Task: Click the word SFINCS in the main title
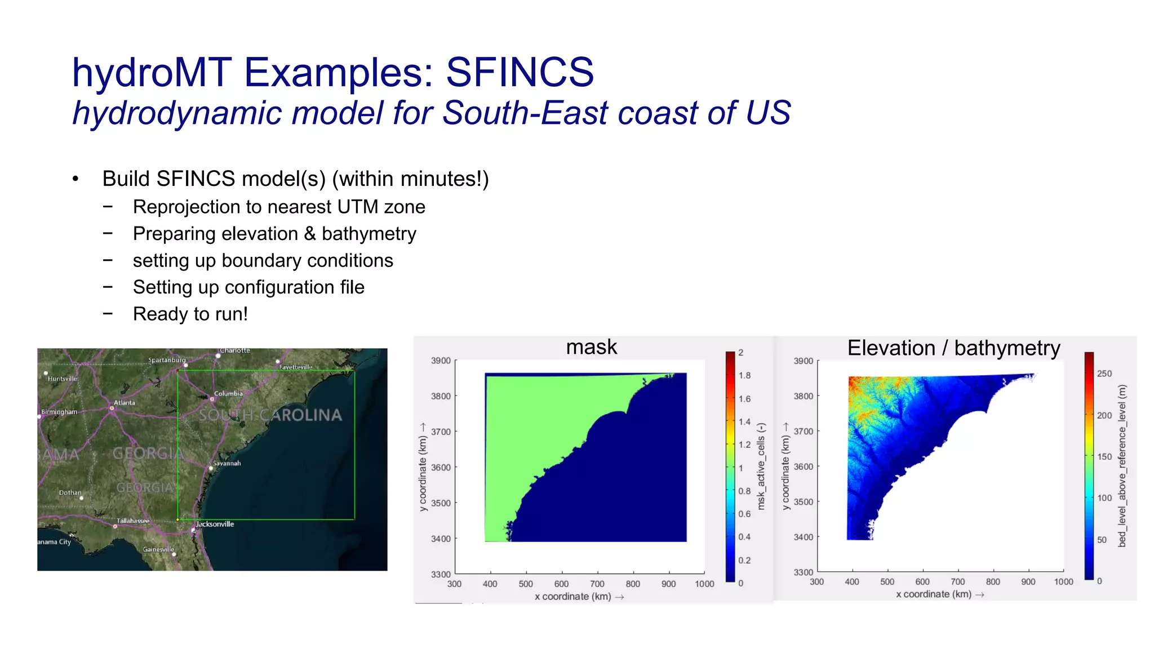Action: coord(519,73)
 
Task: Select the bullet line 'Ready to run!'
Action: coord(190,314)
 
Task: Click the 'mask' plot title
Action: coord(591,347)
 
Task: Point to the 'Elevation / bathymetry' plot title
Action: coord(953,348)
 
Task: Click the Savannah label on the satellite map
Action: coord(227,463)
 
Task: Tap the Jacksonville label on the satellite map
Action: coord(215,524)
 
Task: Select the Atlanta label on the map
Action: coord(124,402)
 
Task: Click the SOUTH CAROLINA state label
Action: coord(270,415)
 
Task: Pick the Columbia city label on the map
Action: coord(228,393)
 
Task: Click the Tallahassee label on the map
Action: coord(133,521)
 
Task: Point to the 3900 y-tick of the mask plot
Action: coord(441,361)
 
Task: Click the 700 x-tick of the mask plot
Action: coord(597,584)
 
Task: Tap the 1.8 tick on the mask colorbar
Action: coord(744,376)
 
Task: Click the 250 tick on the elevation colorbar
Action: coord(1104,374)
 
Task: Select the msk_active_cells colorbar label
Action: coord(761,466)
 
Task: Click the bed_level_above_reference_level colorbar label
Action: coord(1122,466)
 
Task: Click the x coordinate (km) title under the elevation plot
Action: coord(934,594)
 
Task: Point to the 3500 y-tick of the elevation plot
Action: coord(803,502)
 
